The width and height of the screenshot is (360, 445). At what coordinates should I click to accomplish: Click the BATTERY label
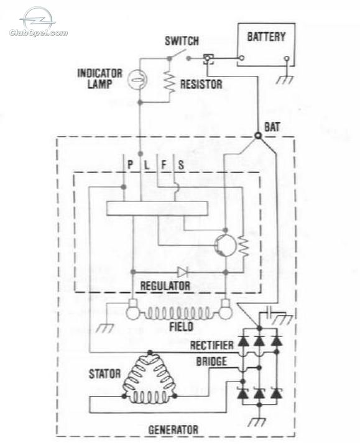[266, 37]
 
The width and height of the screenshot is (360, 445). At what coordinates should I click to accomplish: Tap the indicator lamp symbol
[137, 79]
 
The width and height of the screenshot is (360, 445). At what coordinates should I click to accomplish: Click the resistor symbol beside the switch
[170, 81]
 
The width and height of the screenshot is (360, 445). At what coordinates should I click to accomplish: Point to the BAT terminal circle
[258, 135]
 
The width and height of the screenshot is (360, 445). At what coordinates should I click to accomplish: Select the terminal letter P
[131, 165]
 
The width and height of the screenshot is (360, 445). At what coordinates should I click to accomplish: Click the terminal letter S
[181, 165]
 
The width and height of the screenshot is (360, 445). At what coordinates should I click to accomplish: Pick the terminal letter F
[164, 165]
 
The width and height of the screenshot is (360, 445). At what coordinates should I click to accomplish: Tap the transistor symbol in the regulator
[225, 245]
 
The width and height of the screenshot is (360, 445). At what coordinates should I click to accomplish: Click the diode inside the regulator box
[182, 272]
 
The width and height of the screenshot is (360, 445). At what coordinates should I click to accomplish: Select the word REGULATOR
[165, 286]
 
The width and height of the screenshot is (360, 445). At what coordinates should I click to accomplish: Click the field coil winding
[179, 314]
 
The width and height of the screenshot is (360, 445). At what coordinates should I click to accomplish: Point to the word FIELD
[181, 327]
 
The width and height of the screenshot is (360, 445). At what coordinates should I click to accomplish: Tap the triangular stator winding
[149, 378]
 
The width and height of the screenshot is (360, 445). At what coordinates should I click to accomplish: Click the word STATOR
[104, 374]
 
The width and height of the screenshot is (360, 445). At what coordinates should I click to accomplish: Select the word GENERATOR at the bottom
[173, 429]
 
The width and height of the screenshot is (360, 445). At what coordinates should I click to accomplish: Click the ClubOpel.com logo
[39, 23]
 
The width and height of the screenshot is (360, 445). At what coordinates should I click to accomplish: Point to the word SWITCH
[182, 41]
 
